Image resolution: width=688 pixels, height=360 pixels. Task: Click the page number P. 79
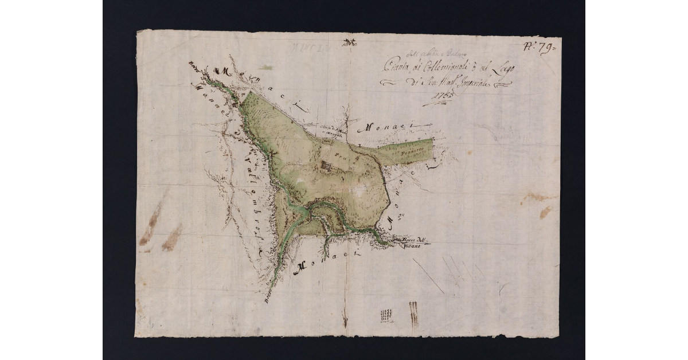pos(541,47)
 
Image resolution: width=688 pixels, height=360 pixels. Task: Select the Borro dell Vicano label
pos(410,242)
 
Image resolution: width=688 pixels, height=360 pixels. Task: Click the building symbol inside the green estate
pos(327,167)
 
